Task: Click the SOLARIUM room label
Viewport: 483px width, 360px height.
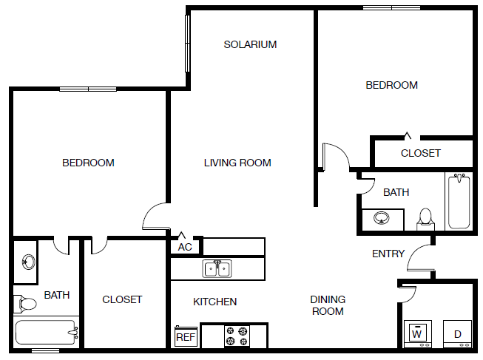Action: point(250,44)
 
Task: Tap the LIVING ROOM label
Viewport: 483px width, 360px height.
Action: point(237,163)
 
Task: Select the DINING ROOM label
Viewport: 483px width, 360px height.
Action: point(328,305)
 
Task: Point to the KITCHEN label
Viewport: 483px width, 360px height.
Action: point(215,302)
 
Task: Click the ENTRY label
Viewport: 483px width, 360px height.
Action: point(388,254)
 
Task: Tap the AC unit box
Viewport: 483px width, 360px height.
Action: point(185,247)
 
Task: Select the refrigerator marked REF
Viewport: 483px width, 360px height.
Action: point(185,337)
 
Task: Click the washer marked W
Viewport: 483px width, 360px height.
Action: point(417,333)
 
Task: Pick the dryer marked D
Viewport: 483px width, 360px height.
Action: point(457,333)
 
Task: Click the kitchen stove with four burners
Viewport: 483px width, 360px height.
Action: point(236,336)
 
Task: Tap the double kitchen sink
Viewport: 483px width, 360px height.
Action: point(217,268)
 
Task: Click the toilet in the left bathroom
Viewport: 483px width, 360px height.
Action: point(26,303)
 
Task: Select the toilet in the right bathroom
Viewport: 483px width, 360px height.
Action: point(425,218)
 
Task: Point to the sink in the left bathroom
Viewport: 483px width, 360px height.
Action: point(28,262)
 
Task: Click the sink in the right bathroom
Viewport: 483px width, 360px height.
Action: point(382,218)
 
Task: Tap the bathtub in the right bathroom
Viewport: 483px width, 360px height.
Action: point(459,201)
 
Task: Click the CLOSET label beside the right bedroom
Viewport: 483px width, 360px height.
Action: point(420,153)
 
